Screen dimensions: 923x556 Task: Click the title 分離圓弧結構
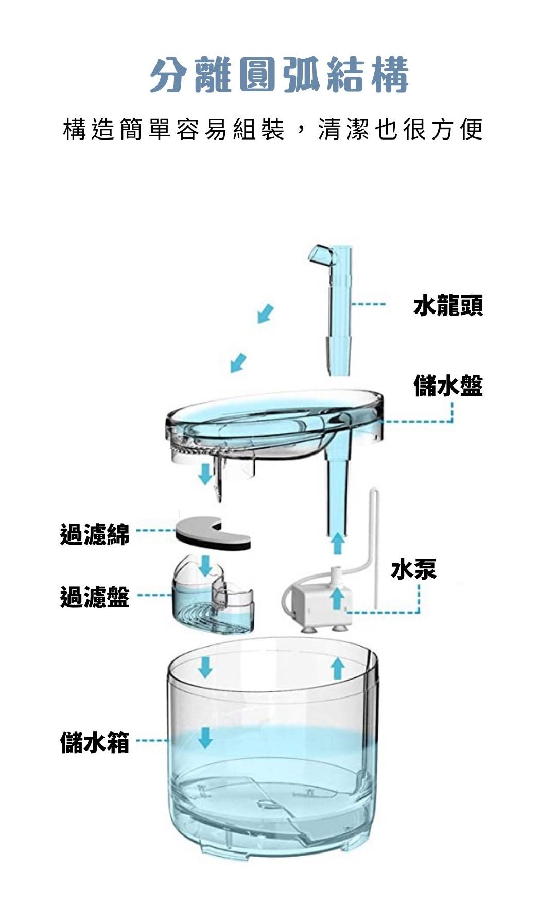[x=279, y=75]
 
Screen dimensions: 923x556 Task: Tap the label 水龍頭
[x=448, y=306]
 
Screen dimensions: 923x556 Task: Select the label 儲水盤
[x=448, y=386]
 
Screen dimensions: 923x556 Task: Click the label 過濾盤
[x=95, y=597]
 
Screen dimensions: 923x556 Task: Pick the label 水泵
[x=413, y=569]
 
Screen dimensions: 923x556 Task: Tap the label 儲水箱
[x=95, y=742]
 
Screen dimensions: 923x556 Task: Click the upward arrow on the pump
[x=337, y=597]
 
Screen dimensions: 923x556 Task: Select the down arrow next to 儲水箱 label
[x=205, y=737]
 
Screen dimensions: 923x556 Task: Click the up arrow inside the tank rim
[x=337, y=668]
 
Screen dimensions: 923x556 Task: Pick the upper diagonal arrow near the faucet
[x=266, y=313]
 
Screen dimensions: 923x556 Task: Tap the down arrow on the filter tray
[x=205, y=565]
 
